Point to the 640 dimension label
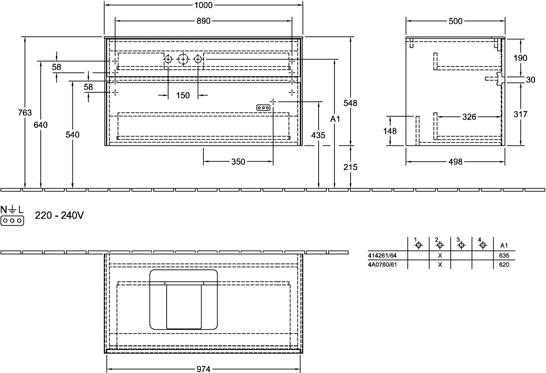[x=41, y=125]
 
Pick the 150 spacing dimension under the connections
[x=183, y=95]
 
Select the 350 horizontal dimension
[x=237, y=162]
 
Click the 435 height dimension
[x=318, y=135]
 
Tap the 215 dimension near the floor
[x=351, y=167]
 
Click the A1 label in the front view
[x=335, y=118]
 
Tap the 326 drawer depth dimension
[x=470, y=116]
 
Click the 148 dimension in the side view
[x=391, y=130]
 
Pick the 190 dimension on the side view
[x=520, y=58]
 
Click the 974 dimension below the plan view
[x=204, y=368]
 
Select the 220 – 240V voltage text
[x=59, y=216]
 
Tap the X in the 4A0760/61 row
[x=439, y=263]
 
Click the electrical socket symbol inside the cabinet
[x=263, y=108]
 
